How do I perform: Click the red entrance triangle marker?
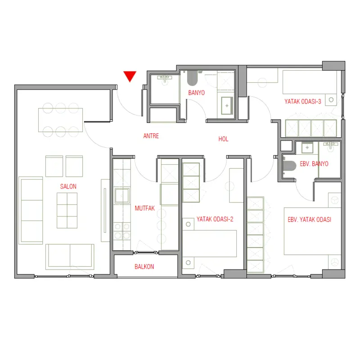pyautogui.click(x=130, y=76)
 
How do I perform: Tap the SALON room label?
pyautogui.click(x=68, y=186)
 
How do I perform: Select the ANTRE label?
pyautogui.click(x=151, y=136)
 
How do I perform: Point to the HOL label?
pyautogui.click(x=223, y=139)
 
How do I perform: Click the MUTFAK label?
pyautogui.click(x=144, y=208)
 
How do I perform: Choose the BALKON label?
pyautogui.click(x=144, y=266)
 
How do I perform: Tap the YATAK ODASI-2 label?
pyautogui.click(x=215, y=219)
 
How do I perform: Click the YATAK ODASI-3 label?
pyautogui.click(x=303, y=102)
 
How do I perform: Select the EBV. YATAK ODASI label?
pyautogui.click(x=310, y=220)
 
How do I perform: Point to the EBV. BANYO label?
pyautogui.click(x=314, y=164)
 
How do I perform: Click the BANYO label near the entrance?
pyautogui.click(x=197, y=93)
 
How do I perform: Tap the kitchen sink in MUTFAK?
pyautogui.click(x=122, y=196)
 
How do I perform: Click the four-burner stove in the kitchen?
pyautogui.click(x=122, y=231)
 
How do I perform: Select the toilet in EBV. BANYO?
pyautogui.click(x=289, y=166)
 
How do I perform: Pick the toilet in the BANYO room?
pyautogui.click(x=193, y=78)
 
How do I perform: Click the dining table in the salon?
pyautogui.click(x=60, y=120)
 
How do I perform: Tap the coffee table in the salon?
pyautogui.click(x=67, y=210)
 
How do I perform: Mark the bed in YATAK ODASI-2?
pyautogui.click(x=210, y=243)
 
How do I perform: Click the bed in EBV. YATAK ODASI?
pyautogui.click(x=312, y=231)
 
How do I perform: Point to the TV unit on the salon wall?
pyautogui.click(x=105, y=210)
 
